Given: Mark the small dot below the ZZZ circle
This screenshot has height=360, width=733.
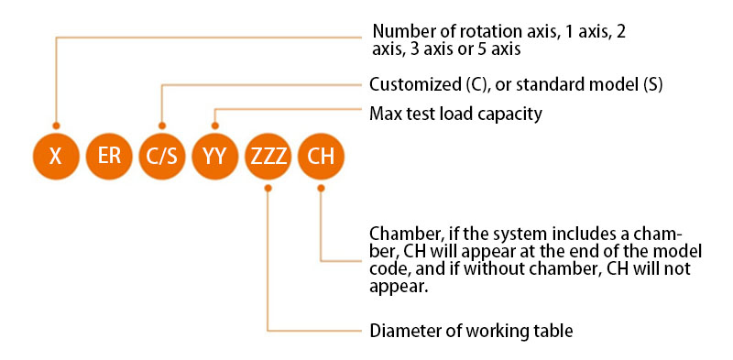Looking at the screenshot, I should (x=268, y=188).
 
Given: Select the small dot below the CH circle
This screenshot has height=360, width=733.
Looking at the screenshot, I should (x=321, y=188).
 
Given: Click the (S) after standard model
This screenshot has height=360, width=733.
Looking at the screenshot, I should (x=651, y=84).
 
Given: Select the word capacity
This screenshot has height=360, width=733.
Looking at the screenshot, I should (x=511, y=115).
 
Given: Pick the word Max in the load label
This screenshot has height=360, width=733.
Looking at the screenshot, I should (x=384, y=115).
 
